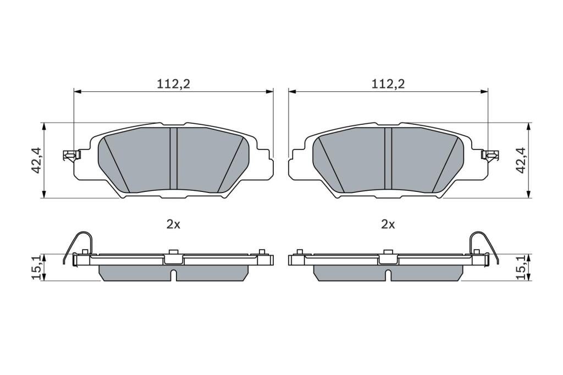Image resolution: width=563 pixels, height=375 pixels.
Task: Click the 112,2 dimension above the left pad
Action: pyautogui.click(x=173, y=84)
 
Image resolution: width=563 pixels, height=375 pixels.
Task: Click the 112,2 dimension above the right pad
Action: pyautogui.click(x=388, y=84)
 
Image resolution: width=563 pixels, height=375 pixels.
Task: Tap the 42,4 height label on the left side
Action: pyautogui.click(x=37, y=161)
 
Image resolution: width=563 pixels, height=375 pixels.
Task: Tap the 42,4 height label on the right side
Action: pyautogui.click(x=521, y=161)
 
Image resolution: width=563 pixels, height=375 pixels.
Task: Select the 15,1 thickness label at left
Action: pyautogui.click(x=37, y=267)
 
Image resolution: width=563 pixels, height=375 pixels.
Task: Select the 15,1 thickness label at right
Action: pyautogui.click(x=521, y=267)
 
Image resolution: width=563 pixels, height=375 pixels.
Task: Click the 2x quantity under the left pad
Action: pyautogui.click(x=173, y=224)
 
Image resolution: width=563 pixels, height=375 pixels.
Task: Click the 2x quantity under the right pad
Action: pyautogui.click(x=388, y=224)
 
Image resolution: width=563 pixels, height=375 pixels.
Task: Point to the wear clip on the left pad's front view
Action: pyautogui.click(x=71, y=155)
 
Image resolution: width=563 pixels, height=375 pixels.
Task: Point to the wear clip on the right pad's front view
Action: pyautogui.click(x=489, y=155)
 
